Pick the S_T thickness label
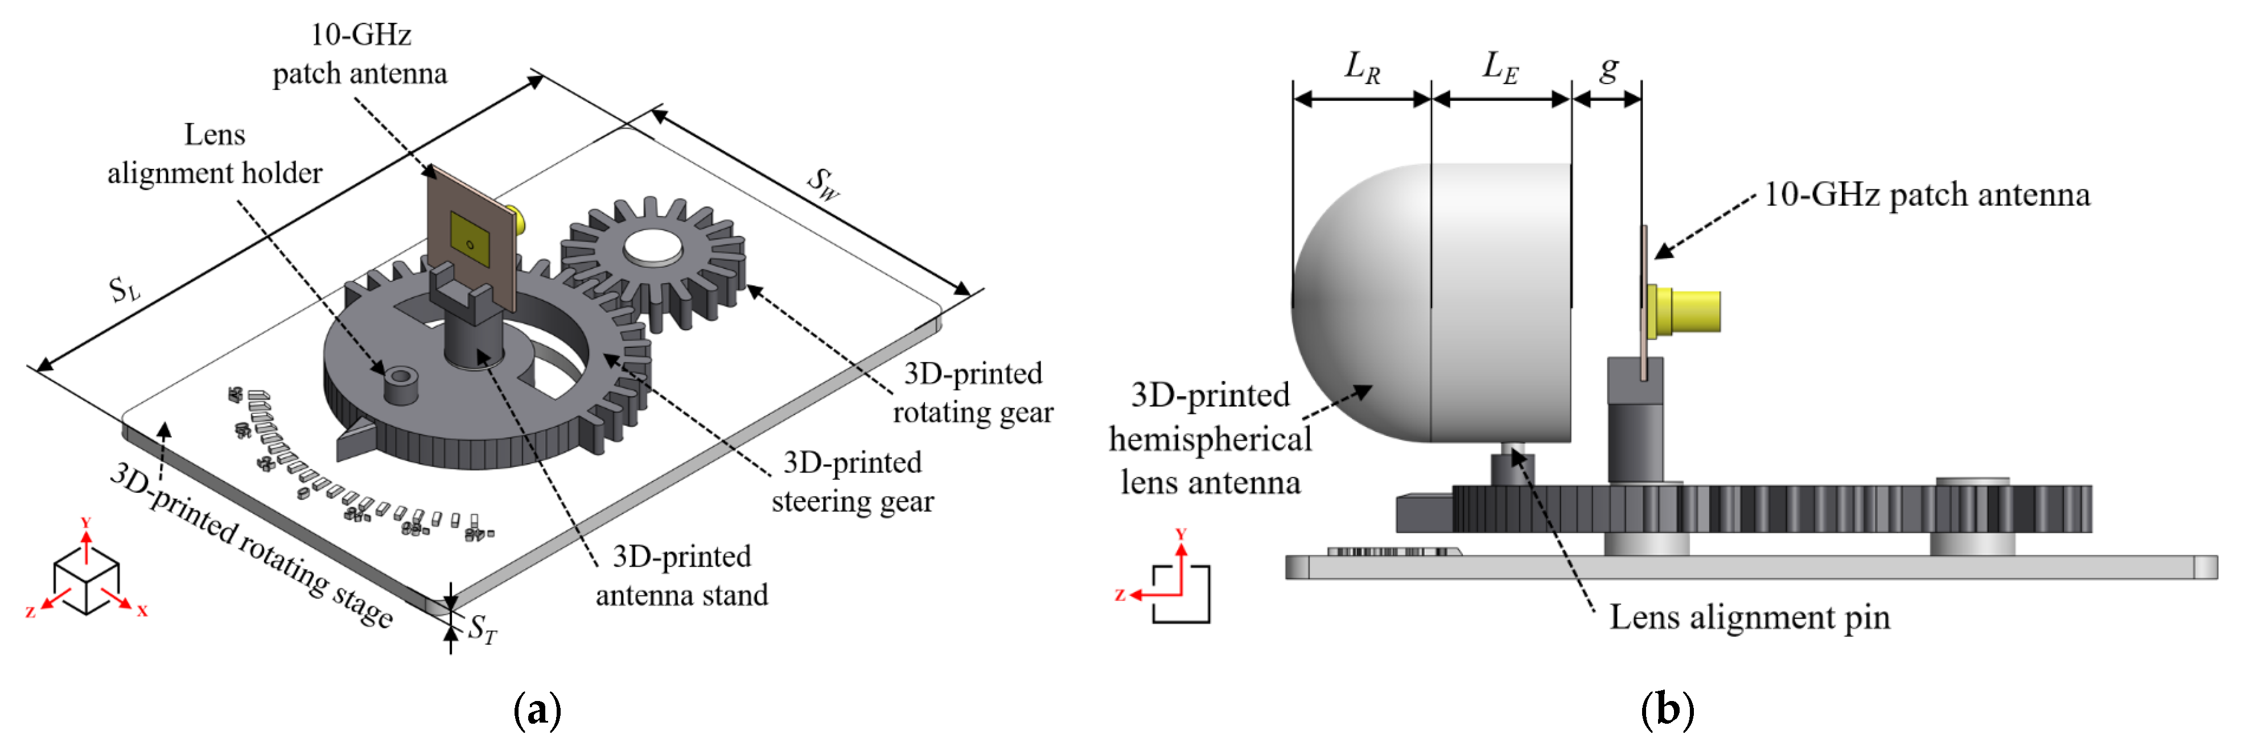coord(482,629)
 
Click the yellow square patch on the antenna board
coord(471,240)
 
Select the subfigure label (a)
coord(537,710)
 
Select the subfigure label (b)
coord(1667,710)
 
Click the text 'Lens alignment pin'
coord(1750,617)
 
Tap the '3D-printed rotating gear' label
coord(973,392)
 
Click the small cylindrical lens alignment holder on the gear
coord(400,384)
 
